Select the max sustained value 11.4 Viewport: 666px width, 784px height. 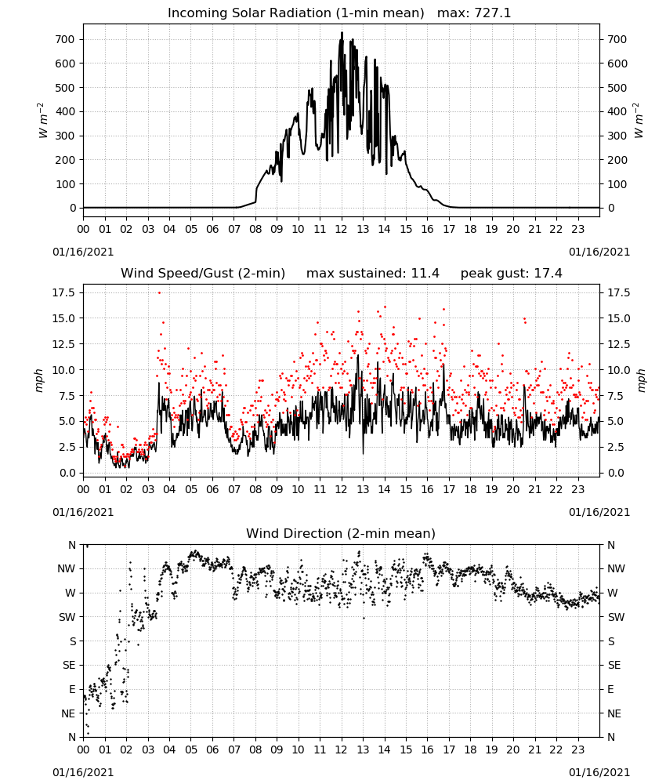tap(425, 273)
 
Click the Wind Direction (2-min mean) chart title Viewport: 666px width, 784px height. tap(341, 533)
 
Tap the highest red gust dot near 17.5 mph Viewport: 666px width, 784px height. tap(159, 293)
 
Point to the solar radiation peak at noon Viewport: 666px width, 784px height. tap(342, 33)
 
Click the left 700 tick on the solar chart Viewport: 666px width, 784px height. tap(65, 39)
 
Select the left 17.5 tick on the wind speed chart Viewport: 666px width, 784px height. tap(64, 292)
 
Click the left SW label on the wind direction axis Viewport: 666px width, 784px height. tap(67, 617)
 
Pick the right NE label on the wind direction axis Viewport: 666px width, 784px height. tap(614, 713)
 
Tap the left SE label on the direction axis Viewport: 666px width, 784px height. tap(69, 665)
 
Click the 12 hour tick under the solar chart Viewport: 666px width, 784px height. tap(342, 229)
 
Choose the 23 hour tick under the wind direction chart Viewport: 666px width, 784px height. tap(577, 749)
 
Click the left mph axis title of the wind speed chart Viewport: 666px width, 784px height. tap(39, 380)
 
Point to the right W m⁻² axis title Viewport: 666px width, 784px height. tap(639, 121)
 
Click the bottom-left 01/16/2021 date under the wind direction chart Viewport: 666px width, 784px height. tap(83, 772)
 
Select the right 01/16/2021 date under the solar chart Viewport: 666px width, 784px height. tap(599, 252)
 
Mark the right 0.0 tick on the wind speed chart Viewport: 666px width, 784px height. tap(616, 473)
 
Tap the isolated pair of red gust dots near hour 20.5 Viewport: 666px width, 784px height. tap(525, 321)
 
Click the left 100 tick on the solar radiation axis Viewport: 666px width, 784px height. tap(65, 184)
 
